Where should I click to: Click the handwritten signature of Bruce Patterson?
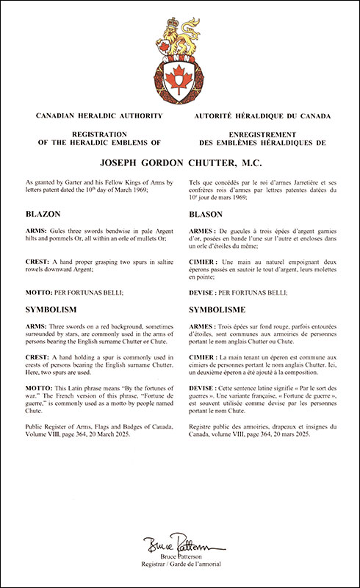(x=180, y=547)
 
